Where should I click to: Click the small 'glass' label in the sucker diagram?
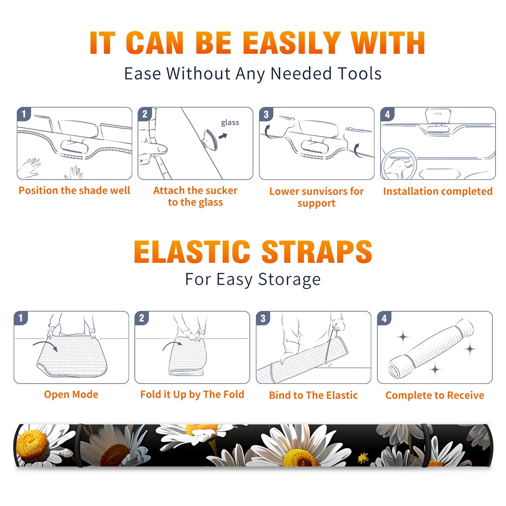230,123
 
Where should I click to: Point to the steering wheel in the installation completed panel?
399,164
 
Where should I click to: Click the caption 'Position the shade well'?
74,190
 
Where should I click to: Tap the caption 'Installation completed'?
438,191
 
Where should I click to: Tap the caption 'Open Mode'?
71,394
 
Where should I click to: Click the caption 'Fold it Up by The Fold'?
192,394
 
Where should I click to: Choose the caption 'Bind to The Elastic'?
313,395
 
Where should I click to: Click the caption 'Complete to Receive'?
435,395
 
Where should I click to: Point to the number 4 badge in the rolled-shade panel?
384,318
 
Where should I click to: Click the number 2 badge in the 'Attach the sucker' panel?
145,114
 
